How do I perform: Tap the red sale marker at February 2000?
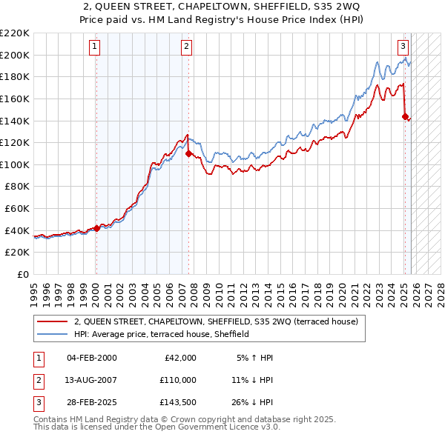tap(96, 228)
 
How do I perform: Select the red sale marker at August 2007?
tap(189, 153)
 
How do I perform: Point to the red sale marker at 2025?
tap(405, 116)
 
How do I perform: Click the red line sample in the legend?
tap(52, 322)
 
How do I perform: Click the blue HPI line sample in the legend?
tap(52, 334)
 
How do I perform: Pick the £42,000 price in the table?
tap(179, 358)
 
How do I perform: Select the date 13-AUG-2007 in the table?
tap(91, 380)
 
